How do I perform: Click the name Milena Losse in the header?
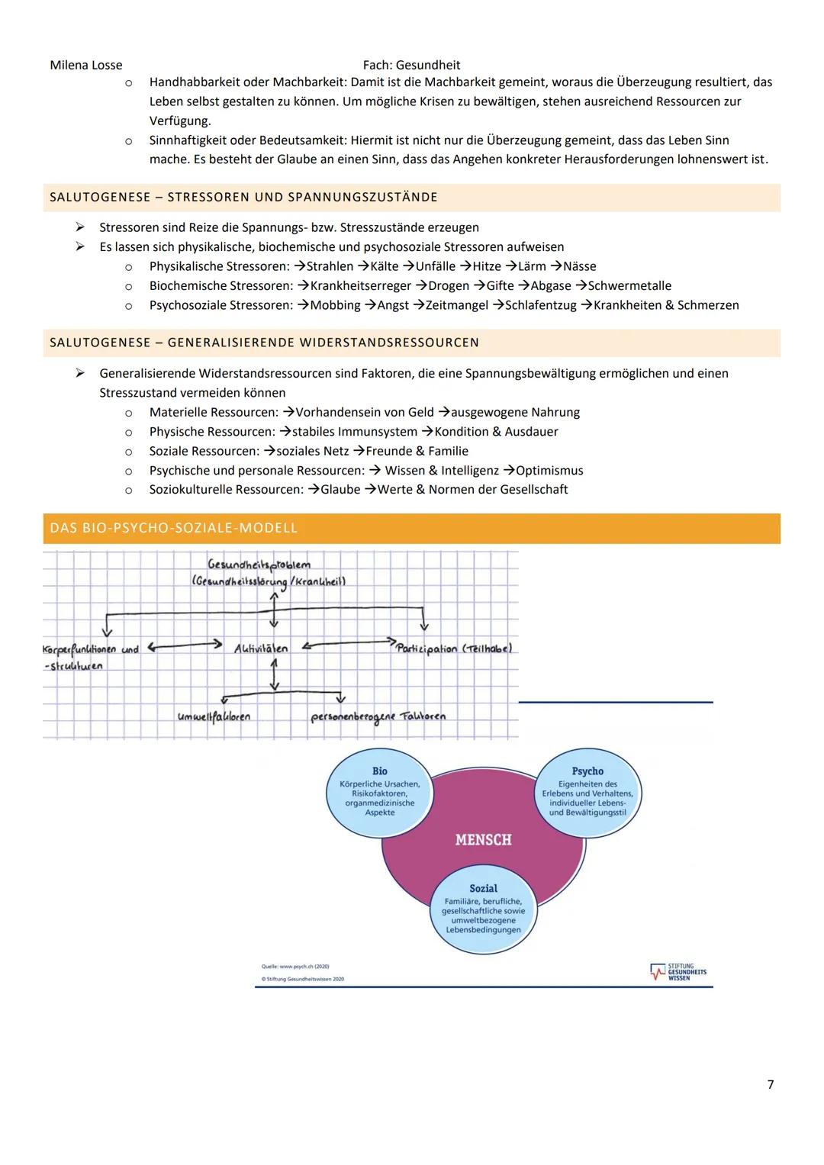point(85,66)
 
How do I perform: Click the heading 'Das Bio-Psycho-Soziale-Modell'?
point(174,528)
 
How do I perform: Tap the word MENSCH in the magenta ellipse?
point(483,840)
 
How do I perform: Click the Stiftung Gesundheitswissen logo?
point(678,972)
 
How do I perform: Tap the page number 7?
point(771,1084)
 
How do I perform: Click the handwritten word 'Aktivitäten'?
point(261,648)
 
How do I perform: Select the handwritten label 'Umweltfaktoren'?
point(214,716)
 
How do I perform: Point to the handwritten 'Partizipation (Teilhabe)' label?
point(454,648)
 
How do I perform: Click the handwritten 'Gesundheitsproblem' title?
point(259,565)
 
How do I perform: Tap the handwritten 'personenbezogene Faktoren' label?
point(378,717)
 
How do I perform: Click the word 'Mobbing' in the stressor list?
point(335,305)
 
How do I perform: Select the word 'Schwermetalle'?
point(629,286)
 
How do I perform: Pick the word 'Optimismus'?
point(549,471)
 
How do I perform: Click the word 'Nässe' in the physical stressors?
point(579,266)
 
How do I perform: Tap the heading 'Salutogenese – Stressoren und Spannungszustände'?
point(244,198)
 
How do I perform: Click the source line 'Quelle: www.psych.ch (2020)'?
point(301,967)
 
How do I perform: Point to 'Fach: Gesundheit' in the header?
point(411,66)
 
